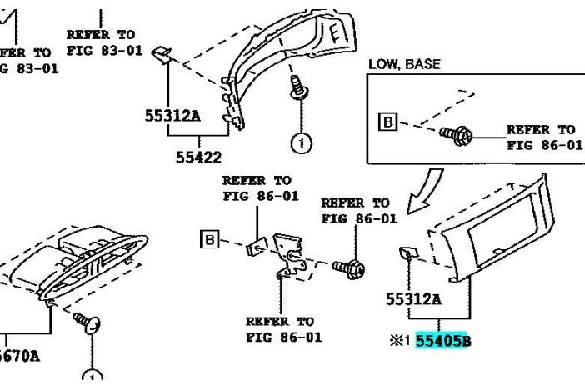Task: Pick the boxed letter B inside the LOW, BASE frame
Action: coord(387,122)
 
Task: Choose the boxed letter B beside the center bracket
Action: coord(211,241)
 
